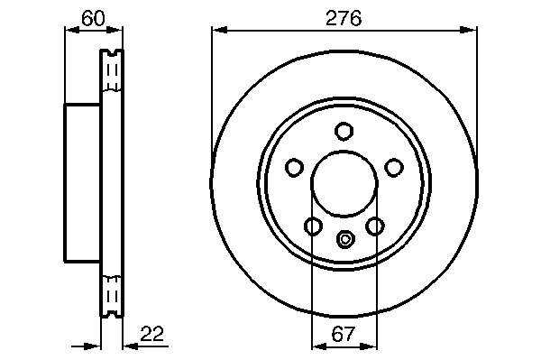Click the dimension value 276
[344, 18]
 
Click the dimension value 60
[93, 18]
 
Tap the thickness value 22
[151, 334]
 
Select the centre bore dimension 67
[343, 334]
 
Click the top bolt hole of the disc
[344, 131]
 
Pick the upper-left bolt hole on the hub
[294, 168]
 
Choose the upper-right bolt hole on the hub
[394, 168]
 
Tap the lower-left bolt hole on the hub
[313, 226]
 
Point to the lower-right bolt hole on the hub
[375, 226]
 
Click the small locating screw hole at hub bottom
[344, 239]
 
